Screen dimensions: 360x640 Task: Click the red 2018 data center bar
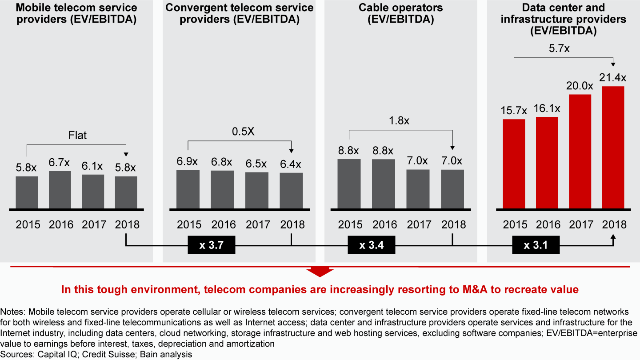[613, 147]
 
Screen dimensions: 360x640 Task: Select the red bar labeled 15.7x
[514, 164]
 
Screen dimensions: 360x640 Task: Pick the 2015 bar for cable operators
[349, 184]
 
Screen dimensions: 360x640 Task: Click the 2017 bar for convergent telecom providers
[257, 190]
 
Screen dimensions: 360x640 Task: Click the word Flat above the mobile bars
[77, 135]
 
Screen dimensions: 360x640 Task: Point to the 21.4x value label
[614, 77]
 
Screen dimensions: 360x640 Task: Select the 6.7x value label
[60, 163]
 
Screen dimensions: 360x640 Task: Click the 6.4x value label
[291, 164]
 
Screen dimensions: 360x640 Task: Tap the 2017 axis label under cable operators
[418, 224]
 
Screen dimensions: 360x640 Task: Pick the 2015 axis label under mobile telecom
[28, 224]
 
